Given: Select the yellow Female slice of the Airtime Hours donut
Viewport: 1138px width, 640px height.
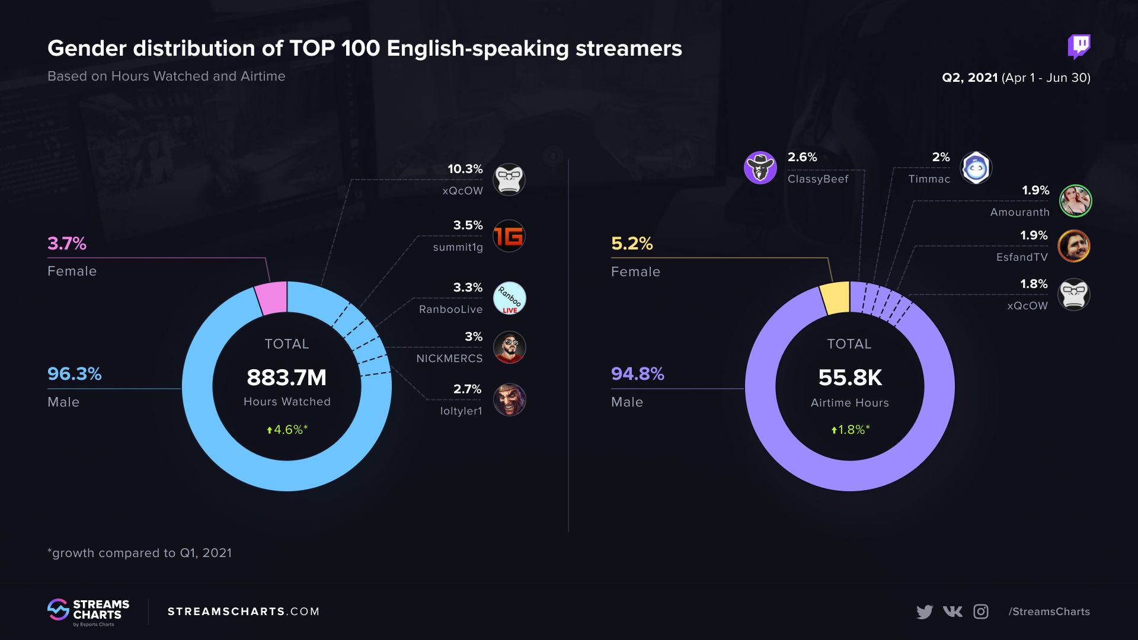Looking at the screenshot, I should tap(835, 298).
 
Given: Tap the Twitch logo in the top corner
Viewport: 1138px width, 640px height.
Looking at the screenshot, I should tap(1079, 46).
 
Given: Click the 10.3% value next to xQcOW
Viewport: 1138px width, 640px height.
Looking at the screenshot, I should tap(465, 169).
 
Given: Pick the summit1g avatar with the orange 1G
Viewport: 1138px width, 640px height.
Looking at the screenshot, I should tap(509, 236).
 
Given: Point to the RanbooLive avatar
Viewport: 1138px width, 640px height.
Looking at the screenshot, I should tap(509, 298).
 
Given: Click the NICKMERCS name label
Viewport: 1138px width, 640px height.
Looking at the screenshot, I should tap(449, 359).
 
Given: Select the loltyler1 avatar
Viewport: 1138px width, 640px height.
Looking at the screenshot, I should tap(509, 400).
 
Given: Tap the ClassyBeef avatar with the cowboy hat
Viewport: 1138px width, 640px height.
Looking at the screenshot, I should tap(760, 168).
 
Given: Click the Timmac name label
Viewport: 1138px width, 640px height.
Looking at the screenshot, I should tap(929, 179).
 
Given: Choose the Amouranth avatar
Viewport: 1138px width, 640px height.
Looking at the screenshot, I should tap(1075, 201).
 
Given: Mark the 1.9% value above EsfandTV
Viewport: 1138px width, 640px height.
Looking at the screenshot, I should tap(1034, 236).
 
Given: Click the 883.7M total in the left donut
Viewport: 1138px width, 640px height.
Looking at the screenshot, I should tap(286, 377).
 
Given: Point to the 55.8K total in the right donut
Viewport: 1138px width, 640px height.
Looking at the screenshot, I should tap(850, 377).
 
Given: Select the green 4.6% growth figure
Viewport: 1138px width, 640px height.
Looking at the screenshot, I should tap(287, 430).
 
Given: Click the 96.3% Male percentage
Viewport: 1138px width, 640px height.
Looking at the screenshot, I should tap(75, 374).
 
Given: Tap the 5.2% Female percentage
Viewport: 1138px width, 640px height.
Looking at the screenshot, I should tap(632, 244).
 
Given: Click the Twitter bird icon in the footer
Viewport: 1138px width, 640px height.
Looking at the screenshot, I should tap(924, 612).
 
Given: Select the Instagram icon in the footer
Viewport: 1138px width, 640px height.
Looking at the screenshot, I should tap(981, 612).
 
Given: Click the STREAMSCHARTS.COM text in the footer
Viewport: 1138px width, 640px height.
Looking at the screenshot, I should tap(244, 612).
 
